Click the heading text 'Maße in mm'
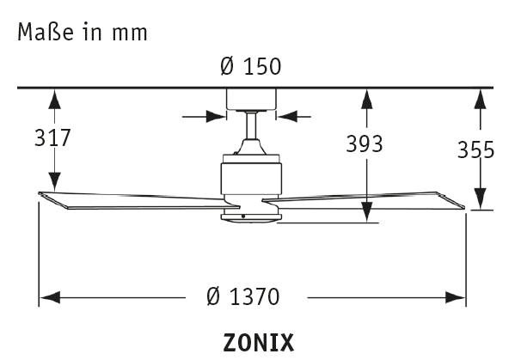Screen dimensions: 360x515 coord(82,33)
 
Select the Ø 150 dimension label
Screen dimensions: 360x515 coord(251,66)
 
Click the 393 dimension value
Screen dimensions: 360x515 coord(365,144)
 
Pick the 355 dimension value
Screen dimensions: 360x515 coord(475,150)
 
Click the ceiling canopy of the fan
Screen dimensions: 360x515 coord(251,99)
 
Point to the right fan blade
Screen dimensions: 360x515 coord(370,199)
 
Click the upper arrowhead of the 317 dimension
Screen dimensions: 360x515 coord(54,96)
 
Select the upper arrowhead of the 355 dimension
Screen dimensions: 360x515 coord(478,96)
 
